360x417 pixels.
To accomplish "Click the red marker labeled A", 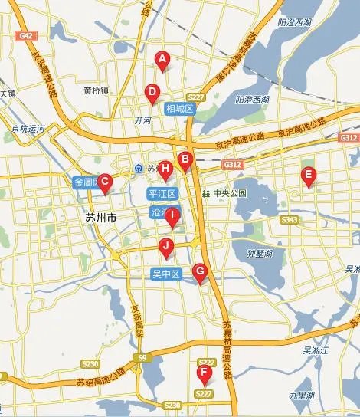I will (162, 59).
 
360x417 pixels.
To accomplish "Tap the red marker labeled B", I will (184, 160).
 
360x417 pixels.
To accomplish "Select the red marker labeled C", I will (106, 182).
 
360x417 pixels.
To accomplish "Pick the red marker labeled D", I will (152, 93).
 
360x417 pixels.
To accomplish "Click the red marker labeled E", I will (308, 175).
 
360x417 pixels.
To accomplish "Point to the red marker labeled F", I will (204, 373).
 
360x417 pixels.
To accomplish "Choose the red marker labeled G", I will (199, 271).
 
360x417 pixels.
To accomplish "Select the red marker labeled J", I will (165, 246).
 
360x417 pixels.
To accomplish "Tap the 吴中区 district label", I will (165, 274).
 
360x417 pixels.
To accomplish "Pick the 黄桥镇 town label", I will (96, 90).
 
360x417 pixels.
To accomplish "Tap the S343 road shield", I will (290, 220).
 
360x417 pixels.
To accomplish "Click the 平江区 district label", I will (162, 193).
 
